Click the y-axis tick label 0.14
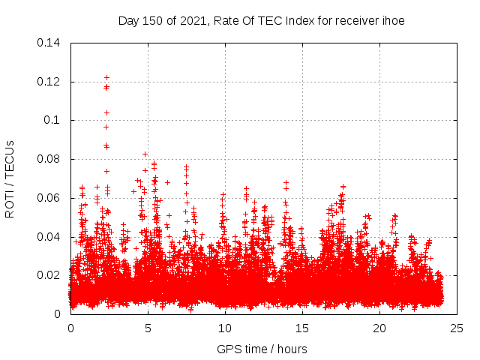[x=49, y=42]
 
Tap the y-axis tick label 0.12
[x=49, y=81]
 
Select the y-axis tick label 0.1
[x=52, y=120]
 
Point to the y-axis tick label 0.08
[x=49, y=159]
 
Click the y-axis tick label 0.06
[x=49, y=198]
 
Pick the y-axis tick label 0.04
[x=49, y=237]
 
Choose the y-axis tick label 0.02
[x=49, y=275]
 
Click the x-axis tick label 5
[x=148, y=328]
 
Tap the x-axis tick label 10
[x=225, y=328]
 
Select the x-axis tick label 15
[x=302, y=328]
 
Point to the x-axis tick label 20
[x=379, y=328]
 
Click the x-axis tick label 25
[x=457, y=328]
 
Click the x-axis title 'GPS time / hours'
[x=262, y=349]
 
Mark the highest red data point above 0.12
[x=106, y=77]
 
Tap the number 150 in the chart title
[x=152, y=21]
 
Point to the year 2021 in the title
[x=192, y=21]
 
